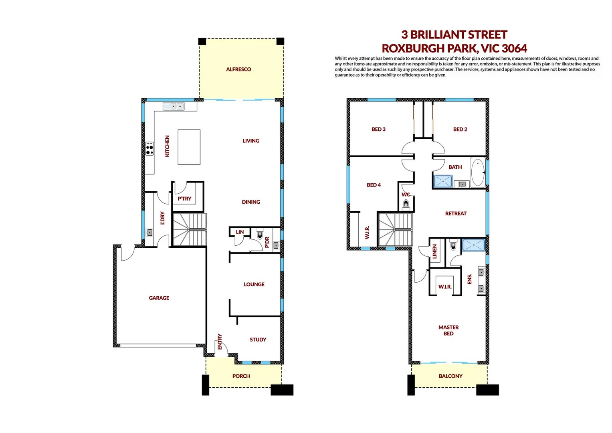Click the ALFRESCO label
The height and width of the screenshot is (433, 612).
238,69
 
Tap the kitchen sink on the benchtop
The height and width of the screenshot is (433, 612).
174,106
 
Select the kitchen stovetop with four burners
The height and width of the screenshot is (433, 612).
149,148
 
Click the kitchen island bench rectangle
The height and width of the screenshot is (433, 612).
189,147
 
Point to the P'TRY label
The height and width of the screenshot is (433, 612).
184,198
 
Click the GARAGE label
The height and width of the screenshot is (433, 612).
159,298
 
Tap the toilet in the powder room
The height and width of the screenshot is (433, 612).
259,234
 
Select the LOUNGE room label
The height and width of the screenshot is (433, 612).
254,284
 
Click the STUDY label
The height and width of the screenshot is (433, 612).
258,340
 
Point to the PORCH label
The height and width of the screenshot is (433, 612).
241,376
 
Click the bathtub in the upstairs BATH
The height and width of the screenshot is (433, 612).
477,172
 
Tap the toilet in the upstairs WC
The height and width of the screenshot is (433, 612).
406,204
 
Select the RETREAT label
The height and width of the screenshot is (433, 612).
456,213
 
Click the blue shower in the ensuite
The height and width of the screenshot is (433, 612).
473,245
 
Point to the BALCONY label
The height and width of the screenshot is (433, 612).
450,376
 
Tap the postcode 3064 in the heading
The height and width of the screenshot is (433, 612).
514,49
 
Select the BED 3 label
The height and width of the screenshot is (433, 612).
378,129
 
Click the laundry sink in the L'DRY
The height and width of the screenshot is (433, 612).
149,232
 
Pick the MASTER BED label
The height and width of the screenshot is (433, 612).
448,330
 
